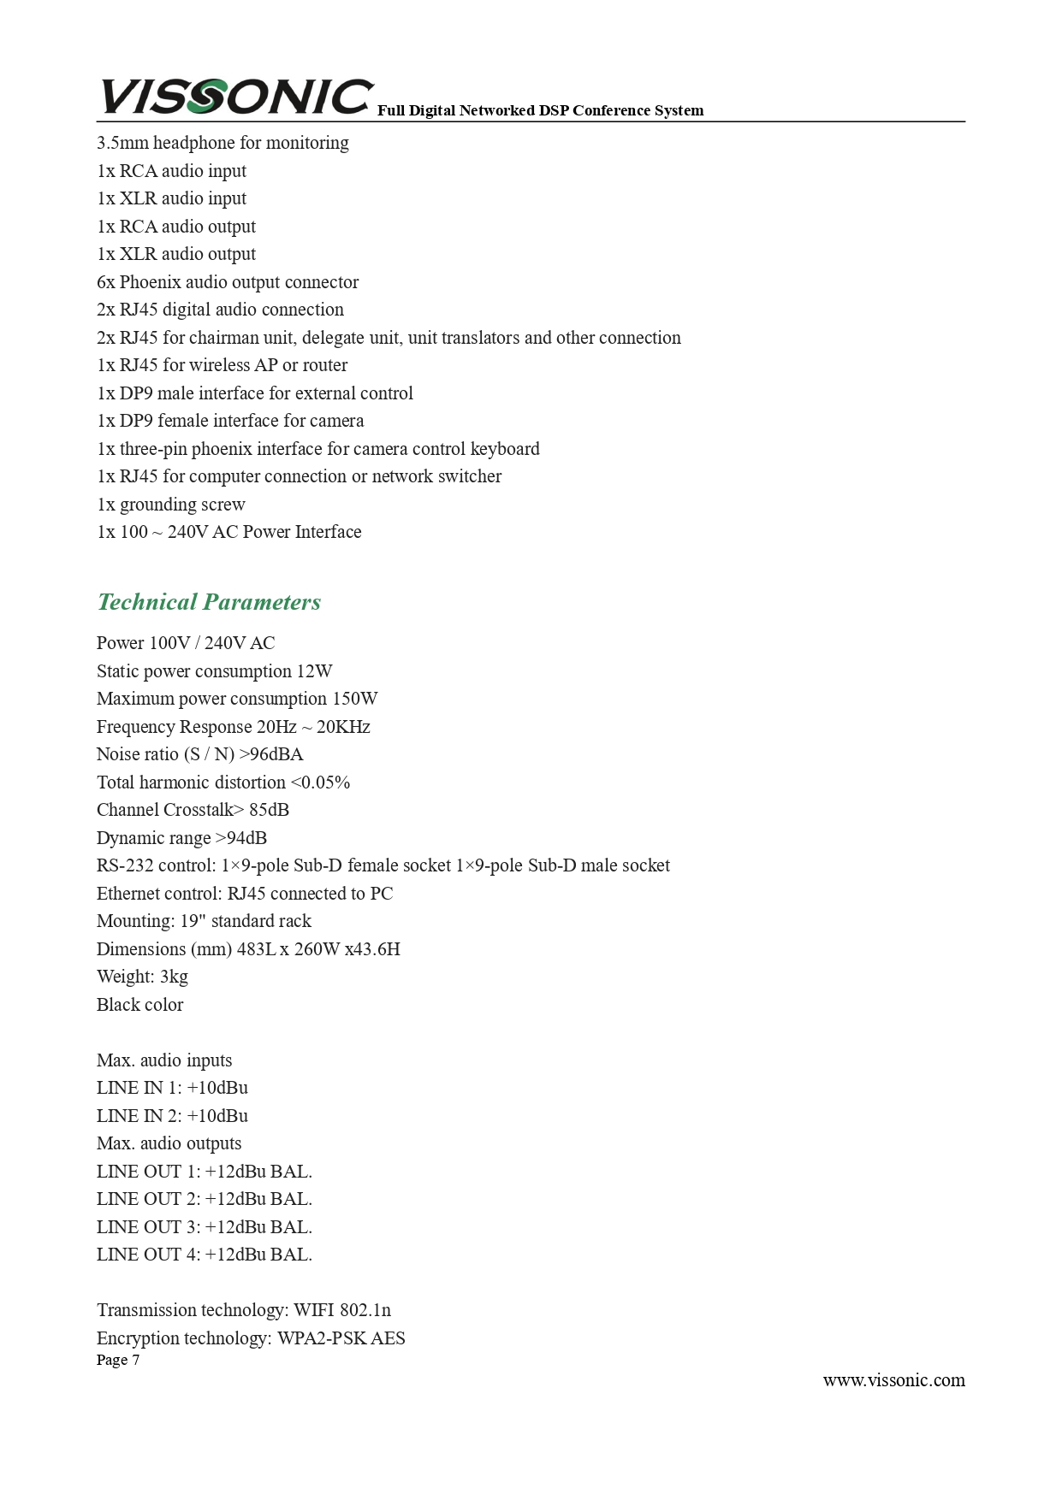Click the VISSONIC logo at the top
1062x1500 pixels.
235,96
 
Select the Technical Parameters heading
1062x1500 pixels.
209,602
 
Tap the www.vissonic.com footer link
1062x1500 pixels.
893,1380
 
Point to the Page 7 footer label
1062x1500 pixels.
118,1360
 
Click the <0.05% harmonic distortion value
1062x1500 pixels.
320,782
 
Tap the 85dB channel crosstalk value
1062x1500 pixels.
269,810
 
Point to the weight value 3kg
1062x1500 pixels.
174,977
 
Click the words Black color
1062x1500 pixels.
139,1005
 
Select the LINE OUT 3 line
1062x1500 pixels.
204,1227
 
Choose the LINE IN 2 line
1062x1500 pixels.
172,1116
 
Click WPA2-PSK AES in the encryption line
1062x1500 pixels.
341,1338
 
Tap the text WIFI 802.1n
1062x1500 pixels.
342,1310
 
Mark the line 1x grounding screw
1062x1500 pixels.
171,505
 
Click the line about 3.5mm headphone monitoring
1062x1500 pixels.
222,143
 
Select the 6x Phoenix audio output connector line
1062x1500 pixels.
228,282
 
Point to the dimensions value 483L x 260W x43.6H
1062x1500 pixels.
318,949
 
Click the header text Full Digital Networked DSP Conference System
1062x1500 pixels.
540,110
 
